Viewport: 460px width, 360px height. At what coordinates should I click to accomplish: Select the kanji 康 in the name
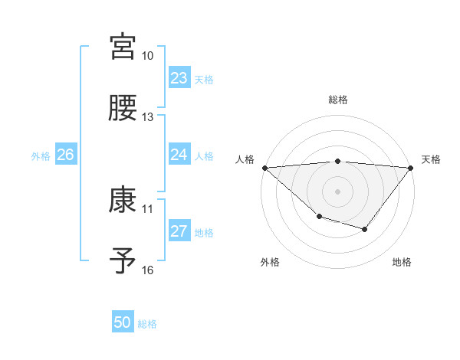123,201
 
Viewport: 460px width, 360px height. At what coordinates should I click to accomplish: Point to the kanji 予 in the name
123,260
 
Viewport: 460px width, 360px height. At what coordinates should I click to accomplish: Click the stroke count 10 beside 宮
148,57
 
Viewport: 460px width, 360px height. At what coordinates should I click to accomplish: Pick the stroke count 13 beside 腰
148,117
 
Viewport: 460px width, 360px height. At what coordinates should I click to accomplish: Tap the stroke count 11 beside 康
148,208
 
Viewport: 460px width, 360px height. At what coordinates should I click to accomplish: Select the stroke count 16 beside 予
148,270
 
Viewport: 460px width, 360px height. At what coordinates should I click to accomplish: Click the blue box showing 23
179,78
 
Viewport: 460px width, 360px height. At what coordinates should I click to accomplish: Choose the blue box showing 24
179,155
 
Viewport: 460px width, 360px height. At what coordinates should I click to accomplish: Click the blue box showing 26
65,155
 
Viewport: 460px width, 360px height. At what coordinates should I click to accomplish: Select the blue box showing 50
123,322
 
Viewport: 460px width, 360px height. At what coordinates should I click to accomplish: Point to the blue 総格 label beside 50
147,324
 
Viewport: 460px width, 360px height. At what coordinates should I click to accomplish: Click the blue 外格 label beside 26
41,155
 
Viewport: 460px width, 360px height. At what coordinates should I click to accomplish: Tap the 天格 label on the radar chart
432,159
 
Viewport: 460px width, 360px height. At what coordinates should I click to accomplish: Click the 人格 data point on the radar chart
264,167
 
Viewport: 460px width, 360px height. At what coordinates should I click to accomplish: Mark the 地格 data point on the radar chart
365,229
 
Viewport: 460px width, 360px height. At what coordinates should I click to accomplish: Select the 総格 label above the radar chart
338,100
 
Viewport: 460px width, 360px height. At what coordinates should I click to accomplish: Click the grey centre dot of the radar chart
338,191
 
